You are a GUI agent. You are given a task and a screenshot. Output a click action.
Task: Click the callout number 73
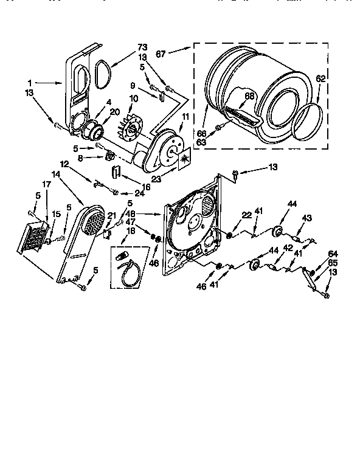click(142, 47)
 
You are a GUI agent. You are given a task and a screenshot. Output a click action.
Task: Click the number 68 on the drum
click(249, 95)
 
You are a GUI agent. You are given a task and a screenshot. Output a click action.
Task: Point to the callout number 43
click(306, 218)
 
